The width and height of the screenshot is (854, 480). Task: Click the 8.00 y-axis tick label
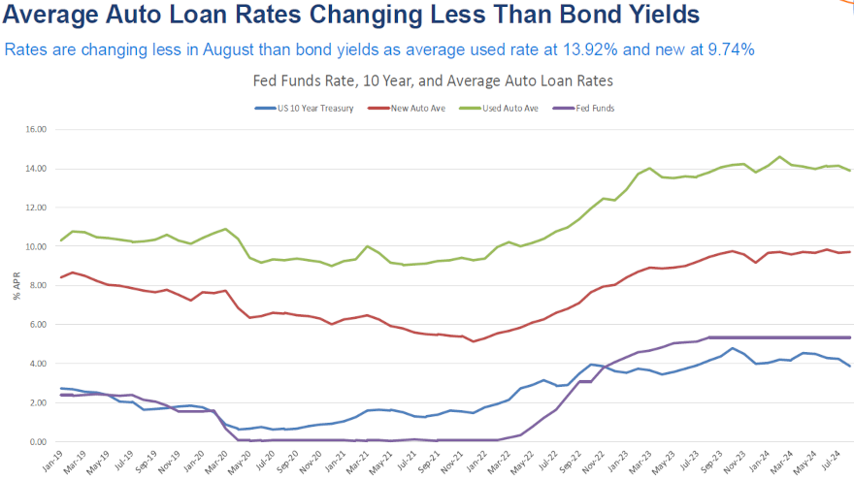(37, 285)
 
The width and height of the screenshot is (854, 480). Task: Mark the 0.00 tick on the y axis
(37, 442)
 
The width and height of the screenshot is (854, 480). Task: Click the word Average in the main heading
(59, 16)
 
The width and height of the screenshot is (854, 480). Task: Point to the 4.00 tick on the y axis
(37, 364)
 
